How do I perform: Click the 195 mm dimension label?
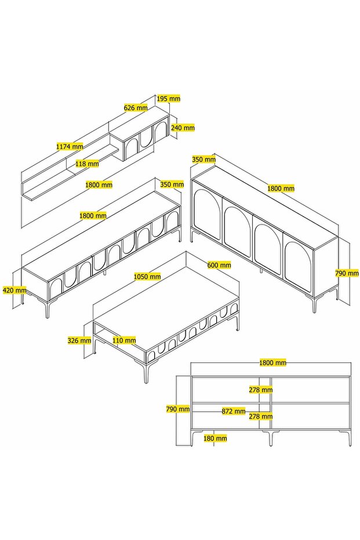pos(169,99)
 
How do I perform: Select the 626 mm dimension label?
pos(136,107)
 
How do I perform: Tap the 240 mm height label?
pos(183,128)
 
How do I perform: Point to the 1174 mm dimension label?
pos(69,147)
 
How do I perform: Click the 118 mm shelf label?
pos(88,164)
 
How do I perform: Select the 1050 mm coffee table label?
pos(147,277)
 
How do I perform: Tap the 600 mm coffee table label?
pos(219,265)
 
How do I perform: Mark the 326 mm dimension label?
pos(79,340)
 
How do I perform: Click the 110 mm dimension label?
pos(124,340)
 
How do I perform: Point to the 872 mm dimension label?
pos(234,411)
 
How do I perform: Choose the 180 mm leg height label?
pos(215,438)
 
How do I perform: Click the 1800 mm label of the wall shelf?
pos(99,185)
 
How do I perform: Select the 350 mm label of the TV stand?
pos(172,185)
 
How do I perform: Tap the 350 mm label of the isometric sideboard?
pos(203,159)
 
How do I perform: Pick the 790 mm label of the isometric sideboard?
pos(347,273)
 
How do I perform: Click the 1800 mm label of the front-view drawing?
pos(273,363)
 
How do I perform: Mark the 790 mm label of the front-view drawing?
pos(178,409)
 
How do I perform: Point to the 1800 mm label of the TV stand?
pos(93,215)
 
